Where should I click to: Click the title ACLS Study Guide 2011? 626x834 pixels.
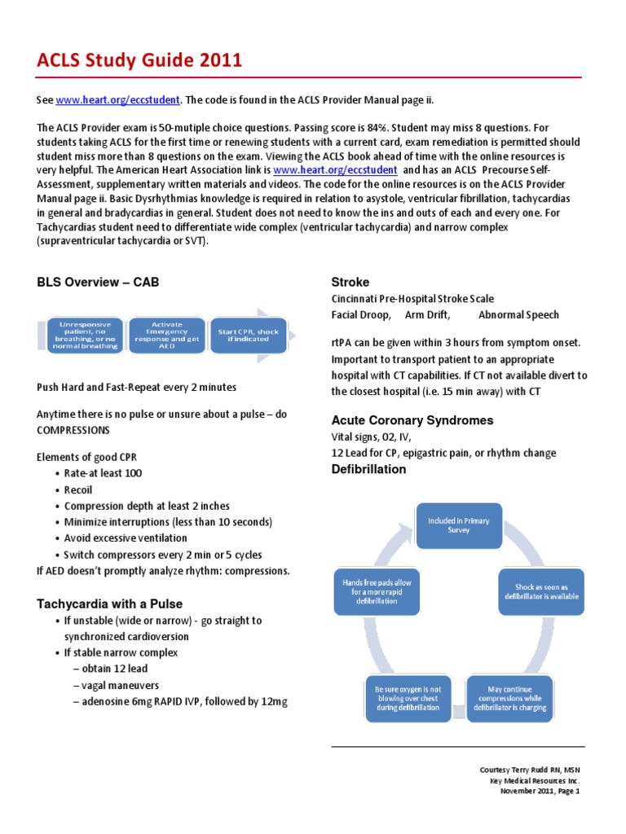(139, 60)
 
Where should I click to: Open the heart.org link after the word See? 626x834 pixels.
(117, 100)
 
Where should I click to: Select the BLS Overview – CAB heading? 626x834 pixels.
(98, 283)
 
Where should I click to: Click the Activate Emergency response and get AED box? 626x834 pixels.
(166, 335)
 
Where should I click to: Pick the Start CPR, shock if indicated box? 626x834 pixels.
(248, 336)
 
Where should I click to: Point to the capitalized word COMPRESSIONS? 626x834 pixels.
(78, 429)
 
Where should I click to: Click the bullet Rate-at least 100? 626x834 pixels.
(103, 473)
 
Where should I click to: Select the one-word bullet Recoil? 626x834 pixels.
(78, 489)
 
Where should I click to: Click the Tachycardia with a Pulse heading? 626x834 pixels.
(109, 604)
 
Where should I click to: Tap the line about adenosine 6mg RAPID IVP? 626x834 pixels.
(180, 701)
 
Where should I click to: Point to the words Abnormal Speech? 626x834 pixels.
(518, 314)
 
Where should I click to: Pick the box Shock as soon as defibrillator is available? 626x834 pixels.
(540, 591)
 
